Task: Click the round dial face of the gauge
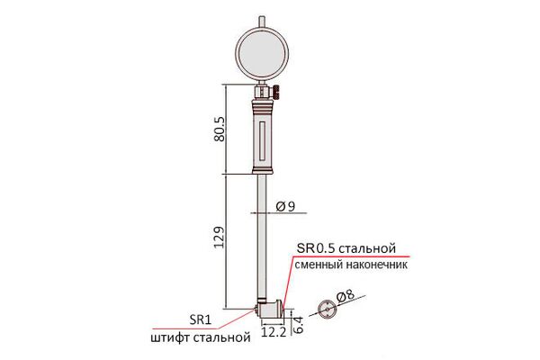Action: point(262,52)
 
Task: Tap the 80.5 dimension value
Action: point(220,129)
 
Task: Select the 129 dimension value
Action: point(219,237)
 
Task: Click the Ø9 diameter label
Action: point(285,206)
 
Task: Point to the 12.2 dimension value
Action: point(274,332)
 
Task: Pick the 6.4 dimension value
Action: point(299,325)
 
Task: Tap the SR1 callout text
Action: point(200,320)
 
